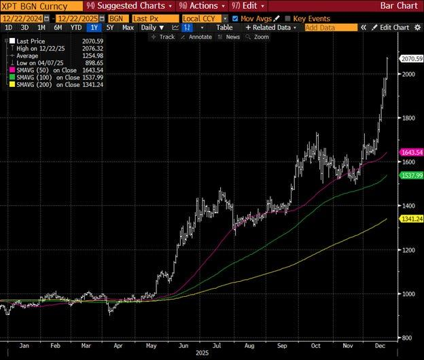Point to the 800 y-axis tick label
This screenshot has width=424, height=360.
(x=406, y=338)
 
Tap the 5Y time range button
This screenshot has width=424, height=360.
(x=109, y=27)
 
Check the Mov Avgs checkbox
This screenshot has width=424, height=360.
(x=235, y=18)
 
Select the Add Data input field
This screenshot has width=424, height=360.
(x=330, y=27)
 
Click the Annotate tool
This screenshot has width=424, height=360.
(x=198, y=37)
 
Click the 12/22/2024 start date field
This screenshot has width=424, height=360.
(x=26, y=18)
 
